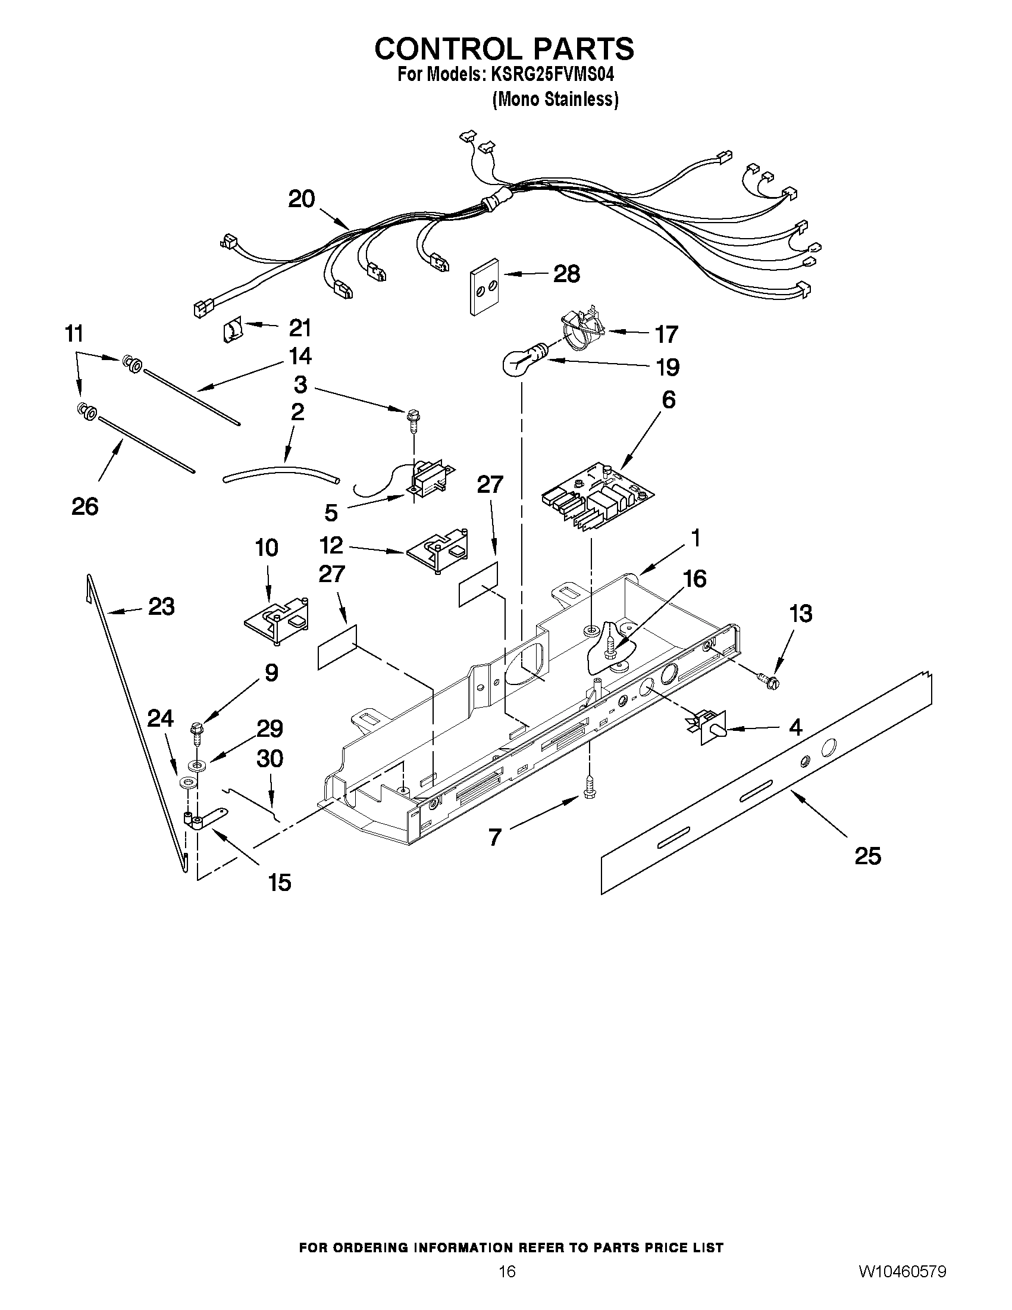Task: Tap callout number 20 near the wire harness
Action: click(301, 199)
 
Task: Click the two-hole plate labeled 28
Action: click(484, 286)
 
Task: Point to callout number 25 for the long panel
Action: click(867, 855)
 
